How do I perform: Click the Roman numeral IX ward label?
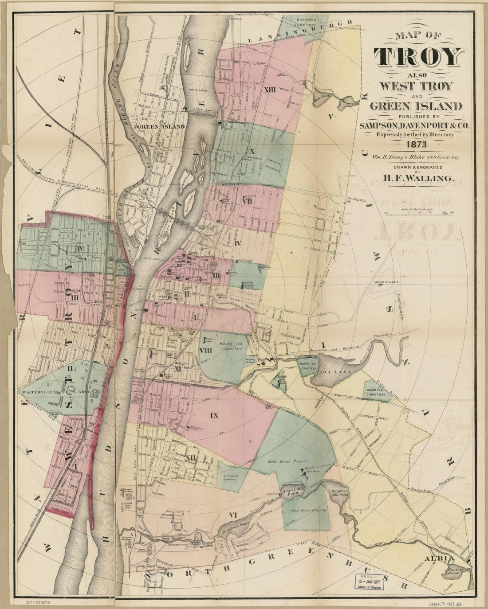click(214, 416)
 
